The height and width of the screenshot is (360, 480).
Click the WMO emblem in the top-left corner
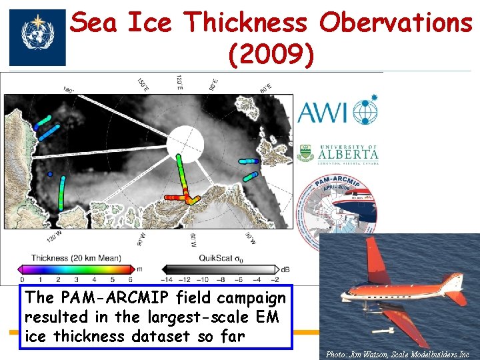(x=37, y=37)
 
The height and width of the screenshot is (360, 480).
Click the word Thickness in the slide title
(x=247, y=23)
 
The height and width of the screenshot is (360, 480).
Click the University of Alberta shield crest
(x=305, y=153)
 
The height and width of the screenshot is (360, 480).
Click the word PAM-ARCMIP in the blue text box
(x=114, y=299)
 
